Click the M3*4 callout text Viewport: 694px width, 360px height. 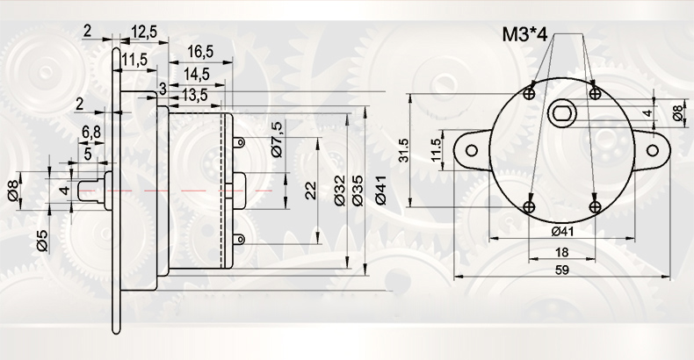pos(525,34)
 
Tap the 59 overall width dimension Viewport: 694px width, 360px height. pos(561,270)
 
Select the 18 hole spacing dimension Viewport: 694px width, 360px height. pos(561,253)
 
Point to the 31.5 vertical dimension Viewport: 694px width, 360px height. pos(404,150)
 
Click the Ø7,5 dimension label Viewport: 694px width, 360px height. pos(278,140)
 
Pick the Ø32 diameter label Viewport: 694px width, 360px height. pos(340,191)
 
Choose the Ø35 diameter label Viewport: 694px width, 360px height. pos(358,191)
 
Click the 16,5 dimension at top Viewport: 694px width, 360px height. pos(200,51)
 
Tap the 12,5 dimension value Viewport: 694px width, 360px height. pos(144,32)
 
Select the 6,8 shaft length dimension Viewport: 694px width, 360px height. pos(91,132)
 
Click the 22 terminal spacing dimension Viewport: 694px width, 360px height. pos(312,191)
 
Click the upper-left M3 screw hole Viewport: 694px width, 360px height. pos(530,93)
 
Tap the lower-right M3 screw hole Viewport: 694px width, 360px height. pos(596,206)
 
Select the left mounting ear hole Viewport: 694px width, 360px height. pos(472,150)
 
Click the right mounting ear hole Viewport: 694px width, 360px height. pos(653,150)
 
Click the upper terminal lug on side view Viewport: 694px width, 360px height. pos(238,142)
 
